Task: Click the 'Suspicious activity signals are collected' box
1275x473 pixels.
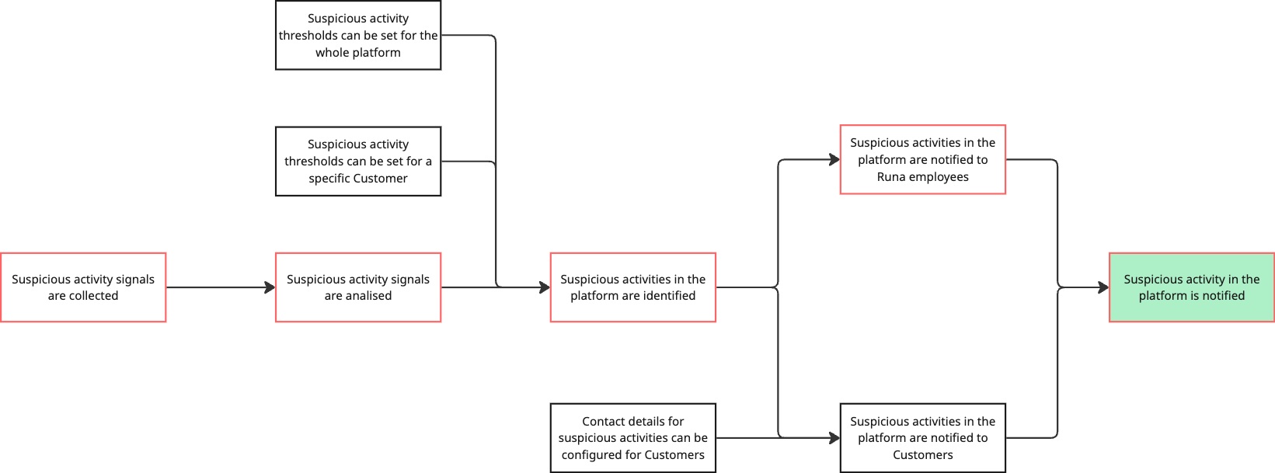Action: click(83, 287)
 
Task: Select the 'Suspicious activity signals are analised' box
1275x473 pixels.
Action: click(358, 287)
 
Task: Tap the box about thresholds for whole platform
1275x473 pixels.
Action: click(358, 36)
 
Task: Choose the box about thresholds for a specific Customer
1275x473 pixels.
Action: click(358, 162)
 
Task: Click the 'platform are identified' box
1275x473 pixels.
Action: click(633, 287)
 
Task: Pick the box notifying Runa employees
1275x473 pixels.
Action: click(923, 160)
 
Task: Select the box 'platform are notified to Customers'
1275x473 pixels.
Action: click(923, 438)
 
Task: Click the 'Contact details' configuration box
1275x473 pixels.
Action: click(633, 438)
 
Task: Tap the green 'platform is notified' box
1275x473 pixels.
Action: click(1191, 287)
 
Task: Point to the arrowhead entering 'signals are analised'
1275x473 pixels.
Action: click(270, 287)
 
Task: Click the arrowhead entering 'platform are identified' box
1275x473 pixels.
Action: click(545, 287)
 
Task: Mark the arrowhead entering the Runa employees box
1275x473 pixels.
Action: click(834, 160)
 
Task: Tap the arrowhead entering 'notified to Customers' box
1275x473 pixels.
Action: click(834, 438)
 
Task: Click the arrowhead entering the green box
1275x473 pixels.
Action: click(1103, 287)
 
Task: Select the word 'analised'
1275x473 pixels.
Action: click(368, 296)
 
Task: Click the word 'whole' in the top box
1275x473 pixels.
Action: click(333, 53)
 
